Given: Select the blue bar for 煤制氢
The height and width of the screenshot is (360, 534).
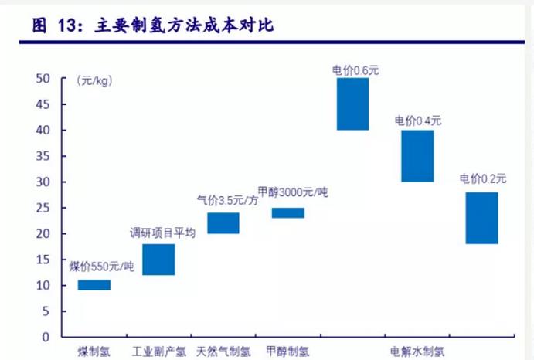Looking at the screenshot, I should pyautogui.click(x=94, y=285).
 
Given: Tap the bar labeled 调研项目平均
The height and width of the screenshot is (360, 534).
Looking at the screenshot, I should pyautogui.click(x=158, y=260).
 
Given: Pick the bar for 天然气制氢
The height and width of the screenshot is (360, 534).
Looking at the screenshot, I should pyautogui.click(x=223, y=223).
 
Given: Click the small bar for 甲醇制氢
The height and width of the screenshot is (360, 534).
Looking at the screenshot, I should pyautogui.click(x=287, y=213).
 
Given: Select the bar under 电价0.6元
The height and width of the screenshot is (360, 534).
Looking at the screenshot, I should pyautogui.click(x=352, y=104).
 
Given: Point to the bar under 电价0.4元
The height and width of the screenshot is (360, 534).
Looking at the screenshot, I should pyautogui.click(x=417, y=156).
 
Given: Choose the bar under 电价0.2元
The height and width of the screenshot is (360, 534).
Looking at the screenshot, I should pyautogui.click(x=482, y=218).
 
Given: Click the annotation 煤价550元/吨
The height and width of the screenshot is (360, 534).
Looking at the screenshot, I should pyautogui.click(x=102, y=267).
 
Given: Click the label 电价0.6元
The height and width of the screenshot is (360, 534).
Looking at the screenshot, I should pyautogui.click(x=355, y=70).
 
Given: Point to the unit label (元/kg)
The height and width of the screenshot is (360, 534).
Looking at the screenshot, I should pyautogui.click(x=93, y=80).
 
